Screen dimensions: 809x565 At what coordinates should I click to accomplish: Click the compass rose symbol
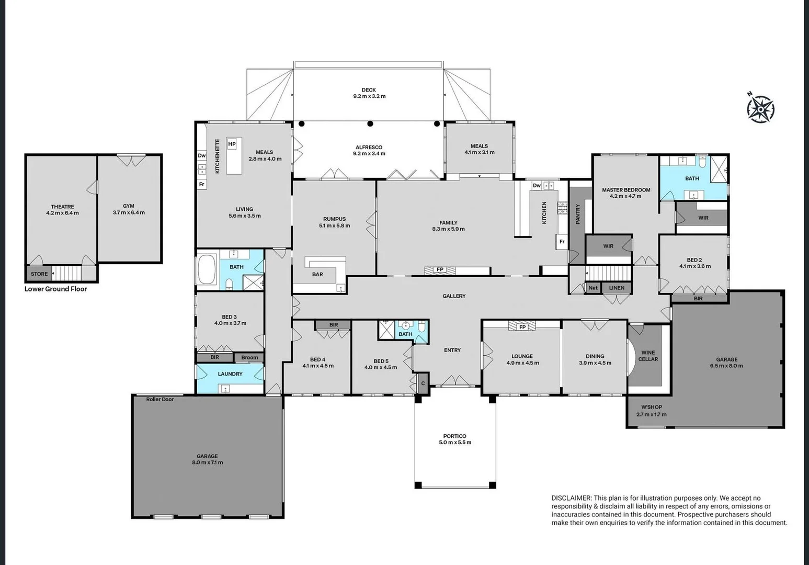tap(760, 108)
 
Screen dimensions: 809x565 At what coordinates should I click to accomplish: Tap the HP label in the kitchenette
tap(232, 144)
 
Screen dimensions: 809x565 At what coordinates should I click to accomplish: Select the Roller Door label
tap(160, 399)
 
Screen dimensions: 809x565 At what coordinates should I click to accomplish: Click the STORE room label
tap(39, 274)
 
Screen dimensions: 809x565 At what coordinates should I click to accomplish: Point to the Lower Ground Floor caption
tap(55, 289)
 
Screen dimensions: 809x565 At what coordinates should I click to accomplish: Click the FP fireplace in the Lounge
tap(522, 326)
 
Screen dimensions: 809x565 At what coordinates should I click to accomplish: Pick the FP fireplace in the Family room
tap(439, 270)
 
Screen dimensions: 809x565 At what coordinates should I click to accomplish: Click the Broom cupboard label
tap(249, 357)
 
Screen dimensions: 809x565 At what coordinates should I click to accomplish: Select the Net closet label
tap(592, 288)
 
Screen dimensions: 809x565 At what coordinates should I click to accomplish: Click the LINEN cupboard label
tap(617, 288)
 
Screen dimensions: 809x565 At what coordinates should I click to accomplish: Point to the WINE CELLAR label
tap(648, 356)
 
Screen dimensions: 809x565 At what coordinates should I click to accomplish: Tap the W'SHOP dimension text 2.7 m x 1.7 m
tap(652, 414)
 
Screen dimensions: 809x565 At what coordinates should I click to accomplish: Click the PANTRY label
tap(577, 214)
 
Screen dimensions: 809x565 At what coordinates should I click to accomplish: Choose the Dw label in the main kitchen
tap(537, 186)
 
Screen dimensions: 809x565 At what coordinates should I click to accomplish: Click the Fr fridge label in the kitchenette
tap(201, 184)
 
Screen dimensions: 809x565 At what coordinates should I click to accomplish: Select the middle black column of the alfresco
tap(370, 123)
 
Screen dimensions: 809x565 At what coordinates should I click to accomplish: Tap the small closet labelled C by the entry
tap(423, 383)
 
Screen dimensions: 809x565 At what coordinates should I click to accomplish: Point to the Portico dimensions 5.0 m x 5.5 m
tap(455, 442)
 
